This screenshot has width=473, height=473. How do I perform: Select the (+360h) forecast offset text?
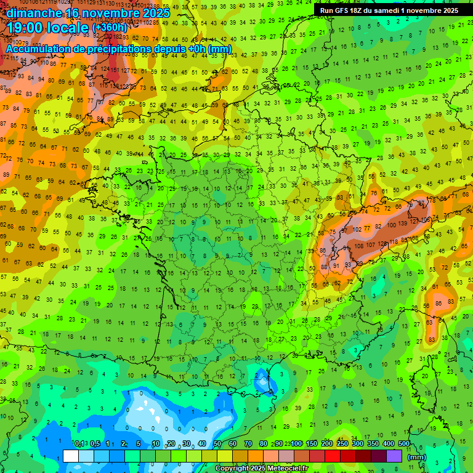pyautogui.click(x=110, y=27)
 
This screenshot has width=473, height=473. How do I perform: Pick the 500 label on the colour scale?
pyautogui.click(x=403, y=444)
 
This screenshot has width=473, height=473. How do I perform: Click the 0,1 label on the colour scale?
pyautogui.click(x=79, y=444)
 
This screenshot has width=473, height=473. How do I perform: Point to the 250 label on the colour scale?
pyautogui.click(x=341, y=444)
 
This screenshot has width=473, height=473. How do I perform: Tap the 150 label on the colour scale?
pyautogui.click(x=310, y=444)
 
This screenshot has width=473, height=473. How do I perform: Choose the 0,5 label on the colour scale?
pyautogui.click(x=94, y=444)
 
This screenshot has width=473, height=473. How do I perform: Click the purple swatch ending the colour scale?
pyautogui.click(x=394, y=456)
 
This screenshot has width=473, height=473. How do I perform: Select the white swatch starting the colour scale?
pyautogui.click(x=71, y=456)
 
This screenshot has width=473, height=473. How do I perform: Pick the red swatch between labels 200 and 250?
pyautogui.click(x=333, y=456)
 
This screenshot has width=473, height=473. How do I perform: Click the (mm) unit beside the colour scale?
pyautogui.click(x=417, y=457)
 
